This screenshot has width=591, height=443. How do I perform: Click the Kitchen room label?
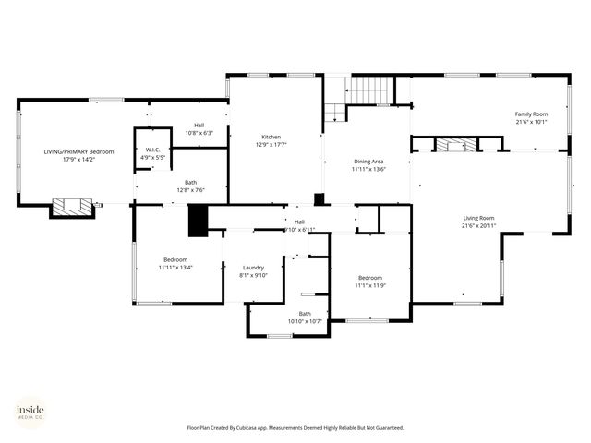coord(271,136)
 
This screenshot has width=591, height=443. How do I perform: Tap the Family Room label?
coord(531,114)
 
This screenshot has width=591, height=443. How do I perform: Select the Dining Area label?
coord(368,162)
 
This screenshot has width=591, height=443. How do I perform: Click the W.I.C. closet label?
coord(153,150)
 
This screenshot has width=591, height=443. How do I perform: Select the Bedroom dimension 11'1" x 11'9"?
coord(370,285)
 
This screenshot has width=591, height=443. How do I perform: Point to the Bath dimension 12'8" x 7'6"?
coord(190,190)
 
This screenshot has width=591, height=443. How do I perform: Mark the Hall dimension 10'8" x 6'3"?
coord(199,133)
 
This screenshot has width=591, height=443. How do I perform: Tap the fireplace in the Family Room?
coord(457,145)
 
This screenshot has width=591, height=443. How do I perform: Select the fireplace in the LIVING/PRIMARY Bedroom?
coord(71,207)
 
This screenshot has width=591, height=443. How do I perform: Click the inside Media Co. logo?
coord(30,412)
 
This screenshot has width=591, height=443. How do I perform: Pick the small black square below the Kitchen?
coord(320,198)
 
